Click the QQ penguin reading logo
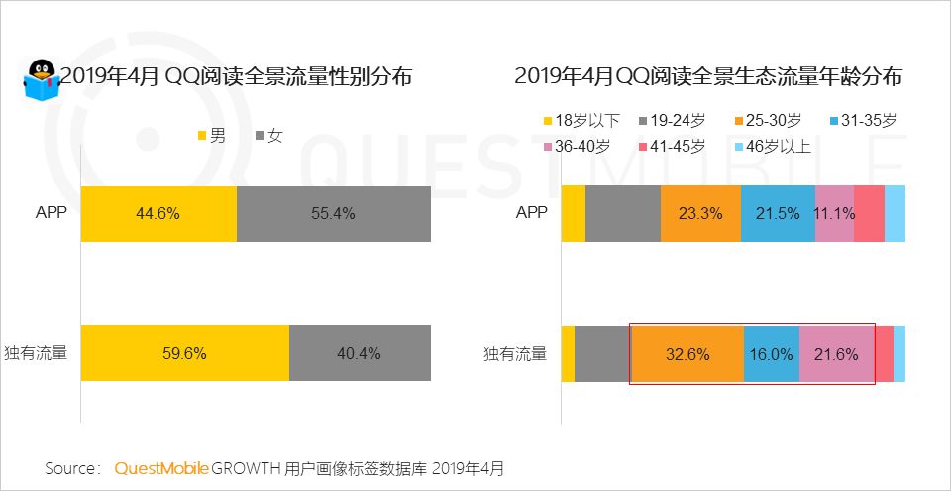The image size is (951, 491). point(40,79)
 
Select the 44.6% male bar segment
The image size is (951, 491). point(158,213)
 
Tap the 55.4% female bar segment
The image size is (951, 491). point(334,213)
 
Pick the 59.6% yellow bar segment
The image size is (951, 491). point(184,353)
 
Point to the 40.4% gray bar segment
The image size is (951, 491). point(360,353)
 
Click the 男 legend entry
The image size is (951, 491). point(213,136)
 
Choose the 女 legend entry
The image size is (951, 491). point(269,136)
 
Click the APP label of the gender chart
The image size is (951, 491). point(49,213)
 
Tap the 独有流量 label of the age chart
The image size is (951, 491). point(515,353)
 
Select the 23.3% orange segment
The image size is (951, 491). point(700,213)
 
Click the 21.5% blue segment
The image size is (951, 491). point(778,213)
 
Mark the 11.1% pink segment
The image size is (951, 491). point(834,213)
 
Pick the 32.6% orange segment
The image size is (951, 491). point(687,353)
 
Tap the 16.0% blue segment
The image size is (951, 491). point(771,353)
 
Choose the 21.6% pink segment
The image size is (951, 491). point(837,353)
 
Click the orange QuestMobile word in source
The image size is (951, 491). point(161,467)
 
